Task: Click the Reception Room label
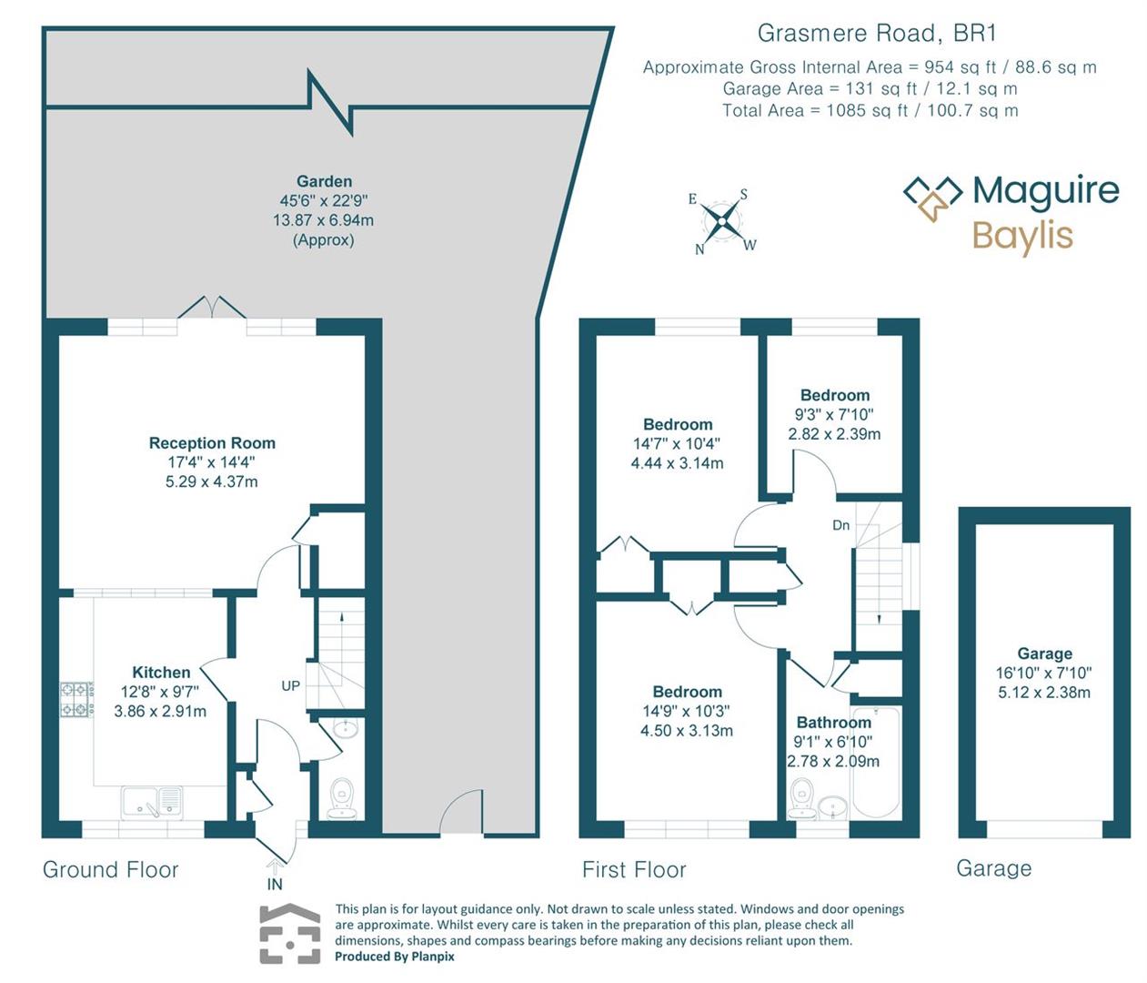pyautogui.click(x=212, y=443)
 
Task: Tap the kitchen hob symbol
pyautogui.click(x=76, y=699)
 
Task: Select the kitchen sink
pyautogui.click(x=152, y=802)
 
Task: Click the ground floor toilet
pyautogui.click(x=342, y=796)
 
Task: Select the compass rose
pyautogui.click(x=722, y=220)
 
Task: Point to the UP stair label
pyautogui.click(x=290, y=685)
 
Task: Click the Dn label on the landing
pyautogui.click(x=841, y=525)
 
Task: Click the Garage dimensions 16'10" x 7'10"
pyautogui.click(x=1043, y=673)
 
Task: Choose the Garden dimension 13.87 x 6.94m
pyautogui.click(x=323, y=220)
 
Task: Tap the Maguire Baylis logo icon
pyautogui.click(x=932, y=198)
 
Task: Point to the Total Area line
pyautogui.click(x=870, y=111)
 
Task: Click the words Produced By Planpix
pyautogui.click(x=394, y=957)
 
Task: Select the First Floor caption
pyautogui.click(x=634, y=870)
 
